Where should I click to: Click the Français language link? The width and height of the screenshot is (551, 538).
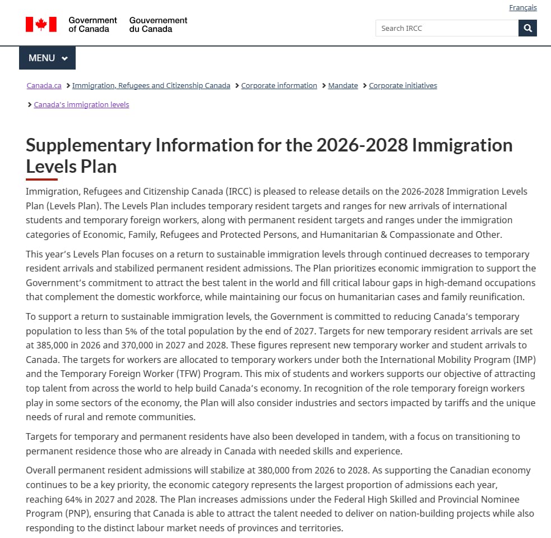click(522, 8)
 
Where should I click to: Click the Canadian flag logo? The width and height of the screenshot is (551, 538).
click(41, 24)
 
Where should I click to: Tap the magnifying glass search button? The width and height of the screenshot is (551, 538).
click(527, 28)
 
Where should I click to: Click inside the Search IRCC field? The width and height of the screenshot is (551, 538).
click(447, 28)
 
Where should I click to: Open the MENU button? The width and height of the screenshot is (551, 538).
click(48, 58)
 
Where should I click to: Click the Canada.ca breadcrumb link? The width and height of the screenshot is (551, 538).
click(44, 86)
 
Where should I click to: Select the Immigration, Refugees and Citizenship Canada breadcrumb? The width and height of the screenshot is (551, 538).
click(151, 86)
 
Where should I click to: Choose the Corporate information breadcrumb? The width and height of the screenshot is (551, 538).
click(279, 86)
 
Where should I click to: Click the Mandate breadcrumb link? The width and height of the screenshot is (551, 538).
click(342, 86)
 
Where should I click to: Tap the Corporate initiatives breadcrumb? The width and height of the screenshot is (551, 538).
click(402, 86)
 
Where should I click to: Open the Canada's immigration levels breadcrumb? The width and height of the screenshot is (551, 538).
click(81, 105)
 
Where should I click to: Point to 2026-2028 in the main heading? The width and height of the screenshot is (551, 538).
click(362, 145)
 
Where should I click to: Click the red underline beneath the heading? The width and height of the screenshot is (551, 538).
click(41, 180)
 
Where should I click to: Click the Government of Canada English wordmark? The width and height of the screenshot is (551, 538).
click(92, 24)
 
